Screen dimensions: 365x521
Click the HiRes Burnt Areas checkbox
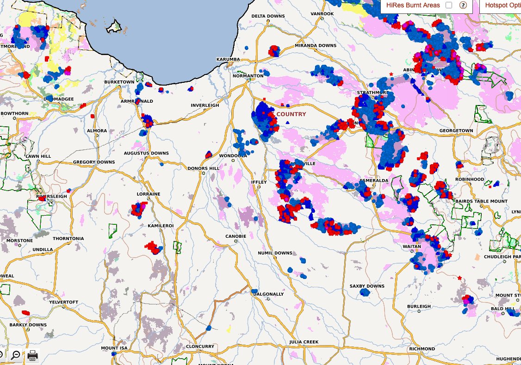449,5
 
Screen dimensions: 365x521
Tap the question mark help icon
462,5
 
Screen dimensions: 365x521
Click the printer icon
32,355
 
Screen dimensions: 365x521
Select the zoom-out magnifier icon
16,355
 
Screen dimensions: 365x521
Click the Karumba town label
228,60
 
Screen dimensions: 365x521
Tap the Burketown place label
119,82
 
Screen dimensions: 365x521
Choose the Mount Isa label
114,348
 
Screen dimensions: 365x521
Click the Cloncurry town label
199,346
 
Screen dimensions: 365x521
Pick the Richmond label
422,349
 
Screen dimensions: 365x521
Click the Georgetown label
457,131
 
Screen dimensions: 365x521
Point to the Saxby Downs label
367,286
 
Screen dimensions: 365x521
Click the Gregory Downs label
94,162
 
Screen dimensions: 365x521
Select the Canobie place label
236,236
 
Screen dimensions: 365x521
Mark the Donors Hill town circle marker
204,173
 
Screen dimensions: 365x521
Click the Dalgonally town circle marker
268,299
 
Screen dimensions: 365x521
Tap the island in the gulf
114,27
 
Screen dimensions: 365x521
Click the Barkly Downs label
28,325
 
